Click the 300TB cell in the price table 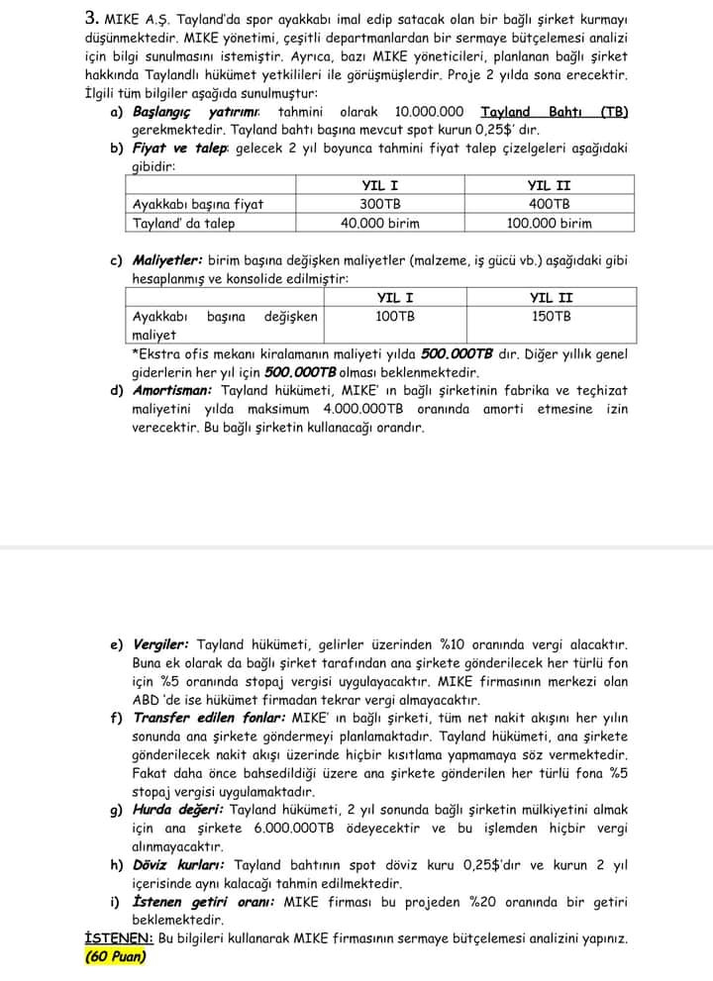pos(380,204)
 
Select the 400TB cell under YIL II pos(549,204)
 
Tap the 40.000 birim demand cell pos(380,223)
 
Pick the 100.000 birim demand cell pos(549,223)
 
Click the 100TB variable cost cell pos(395,317)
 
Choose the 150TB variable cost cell pos(551,317)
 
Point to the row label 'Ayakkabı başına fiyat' pos(198,204)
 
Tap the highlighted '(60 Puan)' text pos(116,956)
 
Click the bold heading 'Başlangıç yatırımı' pos(192,112)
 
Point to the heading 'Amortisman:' pos(172,391)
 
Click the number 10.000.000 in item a pos(429,112)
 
